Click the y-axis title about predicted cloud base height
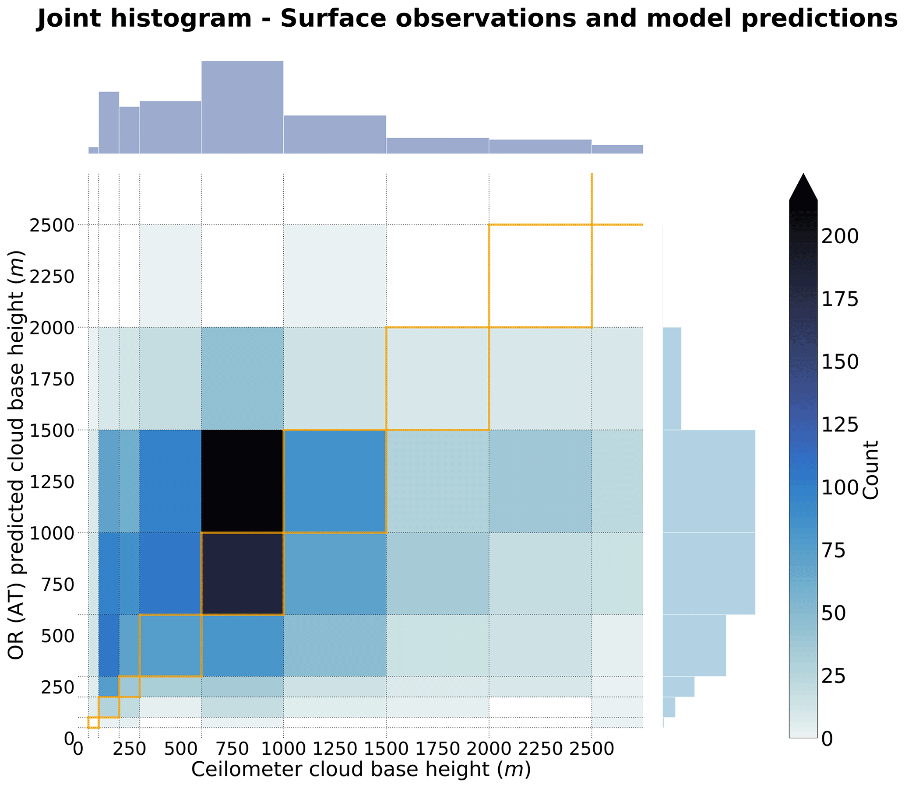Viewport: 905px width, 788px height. click(16, 455)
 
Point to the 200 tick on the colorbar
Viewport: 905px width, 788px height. click(840, 237)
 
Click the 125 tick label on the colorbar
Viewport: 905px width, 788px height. click(840, 425)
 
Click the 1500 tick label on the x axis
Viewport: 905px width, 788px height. click(386, 748)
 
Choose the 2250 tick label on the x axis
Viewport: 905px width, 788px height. click(540, 748)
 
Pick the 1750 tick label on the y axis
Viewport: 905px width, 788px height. click(52, 379)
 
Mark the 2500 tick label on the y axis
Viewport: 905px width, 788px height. click(52, 225)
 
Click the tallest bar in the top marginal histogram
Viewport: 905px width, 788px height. click(242, 107)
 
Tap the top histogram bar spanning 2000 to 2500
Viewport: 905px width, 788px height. click(540, 147)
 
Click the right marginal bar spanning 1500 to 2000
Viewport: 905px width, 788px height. click(672, 378)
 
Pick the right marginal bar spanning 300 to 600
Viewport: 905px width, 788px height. click(694, 645)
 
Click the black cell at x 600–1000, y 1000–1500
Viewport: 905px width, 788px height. click(242, 481)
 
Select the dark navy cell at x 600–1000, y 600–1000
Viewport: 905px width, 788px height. click(242, 574)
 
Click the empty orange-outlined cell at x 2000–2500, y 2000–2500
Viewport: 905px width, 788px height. click(540, 276)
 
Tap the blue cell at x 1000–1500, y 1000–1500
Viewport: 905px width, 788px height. click(335, 481)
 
